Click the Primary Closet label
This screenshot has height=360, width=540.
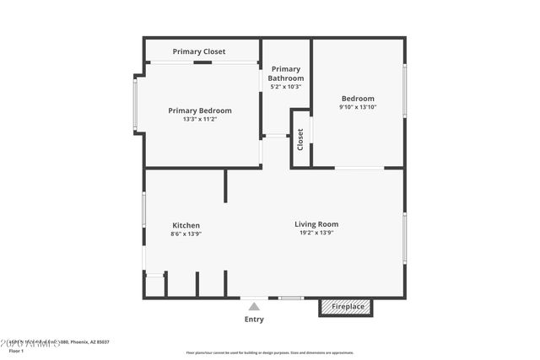coord(199,51)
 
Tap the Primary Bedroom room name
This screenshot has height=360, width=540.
coord(200,110)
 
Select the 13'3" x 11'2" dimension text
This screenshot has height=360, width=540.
coord(200,120)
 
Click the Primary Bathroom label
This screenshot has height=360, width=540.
coord(286,73)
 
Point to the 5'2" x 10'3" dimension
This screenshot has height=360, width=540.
coord(286,87)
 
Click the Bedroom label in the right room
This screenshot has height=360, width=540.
coord(358,97)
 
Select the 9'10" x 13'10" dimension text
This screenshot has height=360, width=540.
coord(358,107)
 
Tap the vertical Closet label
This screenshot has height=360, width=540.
coord(300,140)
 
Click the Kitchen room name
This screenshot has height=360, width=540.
coord(186,225)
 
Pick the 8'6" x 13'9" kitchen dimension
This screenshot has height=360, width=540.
coord(186,234)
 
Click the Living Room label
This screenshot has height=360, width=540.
coord(316,224)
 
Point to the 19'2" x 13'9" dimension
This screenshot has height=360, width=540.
coord(316,234)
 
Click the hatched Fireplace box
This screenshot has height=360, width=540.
coord(348,307)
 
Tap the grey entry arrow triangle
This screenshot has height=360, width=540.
coord(254,307)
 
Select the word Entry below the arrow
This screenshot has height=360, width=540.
coord(254,320)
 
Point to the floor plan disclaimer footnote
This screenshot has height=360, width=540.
coord(270,352)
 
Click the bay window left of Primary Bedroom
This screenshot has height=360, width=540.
coord(135,104)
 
